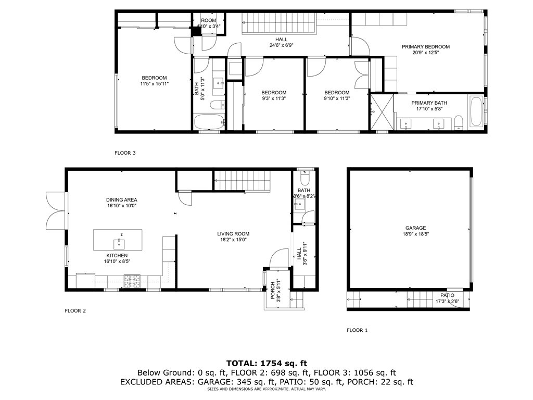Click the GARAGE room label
pyautogui.click(x=415, y=228)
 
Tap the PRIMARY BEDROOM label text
pyautogui.click(x=425, y=47)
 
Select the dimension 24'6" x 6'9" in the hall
pyautogui.click(x=281, y=45)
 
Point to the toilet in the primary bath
pyautogui.click(x=459, y=123)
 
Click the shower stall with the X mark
pyautogui.click(x=382, y=112)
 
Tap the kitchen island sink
pyautogui.click(x=118, y=242)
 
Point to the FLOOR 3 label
pyautogui.click(x=125, y=153)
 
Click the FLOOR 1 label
pyautogui.click(x=357, y=330)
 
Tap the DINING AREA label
pyautogui.click(x=121, y=199)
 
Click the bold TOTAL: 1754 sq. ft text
pyautogui.click(x=266, y=363)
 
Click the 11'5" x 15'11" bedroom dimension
pyautogui.click(x=154, y=84)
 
